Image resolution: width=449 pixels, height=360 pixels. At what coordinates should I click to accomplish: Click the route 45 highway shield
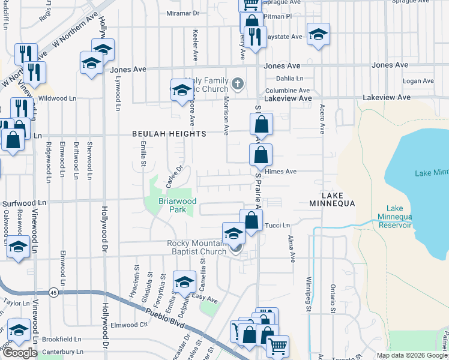(x=53, y=292)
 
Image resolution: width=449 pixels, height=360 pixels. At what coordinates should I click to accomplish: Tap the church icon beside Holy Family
(x=238, y=83)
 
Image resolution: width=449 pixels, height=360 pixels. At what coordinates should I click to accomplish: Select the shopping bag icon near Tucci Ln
(x=252, y=220)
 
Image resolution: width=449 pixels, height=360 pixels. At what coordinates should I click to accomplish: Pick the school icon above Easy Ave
(x=184, y=281)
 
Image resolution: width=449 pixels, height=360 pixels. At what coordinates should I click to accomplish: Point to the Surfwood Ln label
(x=24, y=204)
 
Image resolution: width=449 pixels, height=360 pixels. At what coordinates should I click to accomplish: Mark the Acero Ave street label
(x=322, y=118)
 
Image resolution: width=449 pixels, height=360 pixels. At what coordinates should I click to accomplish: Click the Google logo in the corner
(x=19, y=353)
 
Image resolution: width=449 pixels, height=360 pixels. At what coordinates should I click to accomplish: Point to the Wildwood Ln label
(x=57, y=98)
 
